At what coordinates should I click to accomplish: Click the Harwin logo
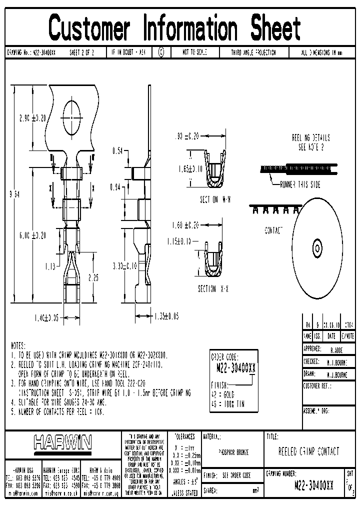pyautogui.click(x=62, y=441)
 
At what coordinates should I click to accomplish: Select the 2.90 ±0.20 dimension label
pyautogui.click(x=32, y=118)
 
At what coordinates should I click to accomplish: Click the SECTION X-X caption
pyautogui.click(x=214, y=289)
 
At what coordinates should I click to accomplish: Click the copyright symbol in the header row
pyautogui.click(x=161, y=52)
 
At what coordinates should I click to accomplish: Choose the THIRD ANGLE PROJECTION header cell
pyautogui.click(x=253, y=52)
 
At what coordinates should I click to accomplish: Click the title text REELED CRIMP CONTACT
pyautogui.click(x=308, y=451)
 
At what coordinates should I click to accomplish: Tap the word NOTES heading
pyautogui.click(x=21, y=345)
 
